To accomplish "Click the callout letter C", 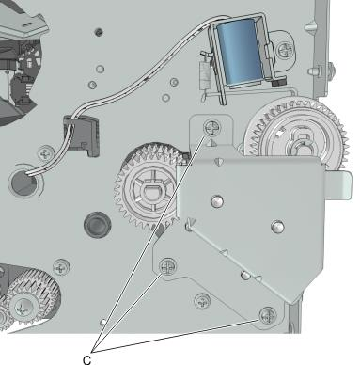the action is tap(87, 359).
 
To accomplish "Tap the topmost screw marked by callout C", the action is tap(212, 128).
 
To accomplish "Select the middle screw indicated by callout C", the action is tap(168, 267).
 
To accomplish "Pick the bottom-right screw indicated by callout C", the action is tap(268, 315).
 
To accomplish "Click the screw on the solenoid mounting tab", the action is tap(286, 50).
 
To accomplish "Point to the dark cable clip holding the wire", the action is tap(82, 135).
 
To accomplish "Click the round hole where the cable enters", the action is tap(23, 182).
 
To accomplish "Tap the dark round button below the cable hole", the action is tap(97, 225).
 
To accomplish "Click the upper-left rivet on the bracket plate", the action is tap(217, 200).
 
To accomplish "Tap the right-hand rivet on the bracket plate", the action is tap(277, 227).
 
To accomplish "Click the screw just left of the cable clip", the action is tap(47, 153).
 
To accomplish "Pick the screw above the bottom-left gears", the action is tap(61, 268).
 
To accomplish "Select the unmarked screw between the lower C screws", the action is tap(202, 302).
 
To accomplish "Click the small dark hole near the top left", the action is tap(99, 32).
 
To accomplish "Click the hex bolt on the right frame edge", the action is tap(319, 71).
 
